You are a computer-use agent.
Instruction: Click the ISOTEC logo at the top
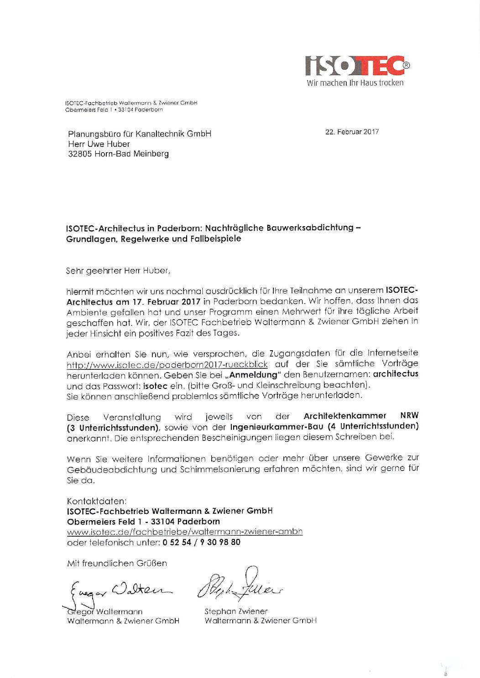(x=356, y=66)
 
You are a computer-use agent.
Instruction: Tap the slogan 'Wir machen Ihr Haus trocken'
(x=355, y=83)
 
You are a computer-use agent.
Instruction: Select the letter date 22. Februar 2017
(x=352, y=132)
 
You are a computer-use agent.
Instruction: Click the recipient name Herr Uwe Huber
(x=99, y=144)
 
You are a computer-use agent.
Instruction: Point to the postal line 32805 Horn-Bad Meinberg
(x=118, y=154)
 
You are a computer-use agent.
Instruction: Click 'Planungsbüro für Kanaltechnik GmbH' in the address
(x=140, y=134)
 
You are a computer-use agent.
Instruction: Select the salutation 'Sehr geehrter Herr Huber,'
(x=118, y=271)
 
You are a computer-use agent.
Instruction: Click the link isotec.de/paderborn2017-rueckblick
(x=167, y=365)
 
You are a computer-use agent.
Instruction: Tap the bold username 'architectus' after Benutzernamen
(x=396, y=374)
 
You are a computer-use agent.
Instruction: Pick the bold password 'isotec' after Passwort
(x=155, y=386)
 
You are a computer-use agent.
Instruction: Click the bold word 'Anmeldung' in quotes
(x=253, y=375)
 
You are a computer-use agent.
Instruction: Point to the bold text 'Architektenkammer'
(x=344, y=416)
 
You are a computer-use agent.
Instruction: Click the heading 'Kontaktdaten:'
(x=97, y=501)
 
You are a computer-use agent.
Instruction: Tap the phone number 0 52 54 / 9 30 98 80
(x=201, y=542)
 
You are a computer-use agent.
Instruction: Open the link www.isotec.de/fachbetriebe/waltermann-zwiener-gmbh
(x=185, y=532)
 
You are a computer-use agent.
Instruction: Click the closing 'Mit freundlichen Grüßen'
(x=117, y=564)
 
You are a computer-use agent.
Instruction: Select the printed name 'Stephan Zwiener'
(x=236, y=611)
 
